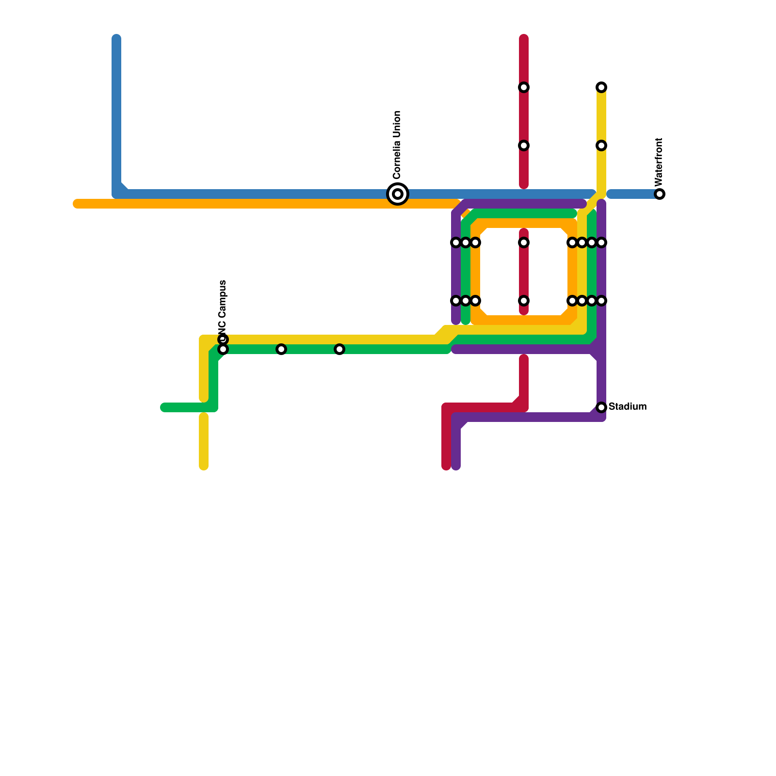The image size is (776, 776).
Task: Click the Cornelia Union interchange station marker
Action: [398, 194]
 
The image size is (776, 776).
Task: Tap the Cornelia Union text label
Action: [397, 145]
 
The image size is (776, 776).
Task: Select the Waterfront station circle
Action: [660, 194]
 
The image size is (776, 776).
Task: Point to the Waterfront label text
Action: [659, 162]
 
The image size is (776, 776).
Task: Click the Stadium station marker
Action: [601, 407]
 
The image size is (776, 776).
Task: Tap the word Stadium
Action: [628, 406]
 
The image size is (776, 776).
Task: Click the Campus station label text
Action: [223, 306]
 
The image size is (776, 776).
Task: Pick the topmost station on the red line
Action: [524, 87]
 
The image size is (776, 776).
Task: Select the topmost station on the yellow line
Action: [601, 87]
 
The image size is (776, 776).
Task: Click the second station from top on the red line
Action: [524, 145]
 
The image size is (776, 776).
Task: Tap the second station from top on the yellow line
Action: [601, 145]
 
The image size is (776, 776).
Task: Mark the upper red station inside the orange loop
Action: [524, 242]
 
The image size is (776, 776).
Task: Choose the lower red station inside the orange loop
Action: [524, 301]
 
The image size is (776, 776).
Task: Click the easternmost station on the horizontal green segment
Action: [339, 349]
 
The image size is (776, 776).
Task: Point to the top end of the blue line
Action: [116, 39]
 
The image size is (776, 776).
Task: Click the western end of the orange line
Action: [77, 204]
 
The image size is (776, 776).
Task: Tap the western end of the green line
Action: [164, 407]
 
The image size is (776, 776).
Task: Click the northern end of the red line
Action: [524, 39]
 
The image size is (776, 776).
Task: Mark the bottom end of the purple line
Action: [456, 467]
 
